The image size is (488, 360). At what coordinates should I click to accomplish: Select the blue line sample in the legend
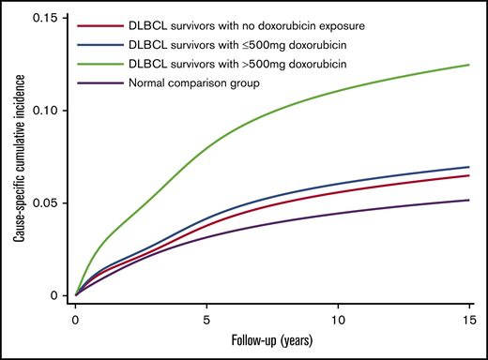(x=102, y=44)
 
